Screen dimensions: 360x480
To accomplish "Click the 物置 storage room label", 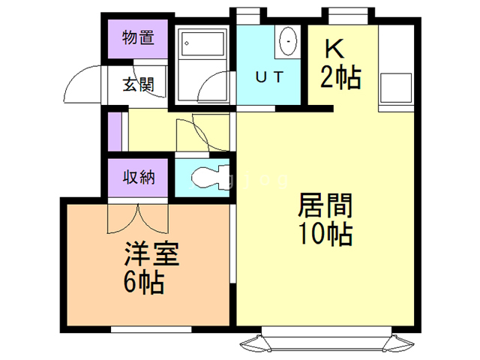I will pyautogui.click(x=139, y=37).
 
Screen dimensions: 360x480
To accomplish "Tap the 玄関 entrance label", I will pyautogui.click(x=139, y=84).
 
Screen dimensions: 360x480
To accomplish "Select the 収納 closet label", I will pyautogui.click(x=139, y=178).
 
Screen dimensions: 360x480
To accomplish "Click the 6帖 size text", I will pyautogui.click(x=144, y=283).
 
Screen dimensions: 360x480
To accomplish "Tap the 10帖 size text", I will pyautogui.click(x=325, y=234).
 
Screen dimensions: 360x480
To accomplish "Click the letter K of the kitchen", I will pyautogui.click(x=334, y=48).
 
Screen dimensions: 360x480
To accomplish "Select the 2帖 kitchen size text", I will pyautogui.click(x=340, y=76).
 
